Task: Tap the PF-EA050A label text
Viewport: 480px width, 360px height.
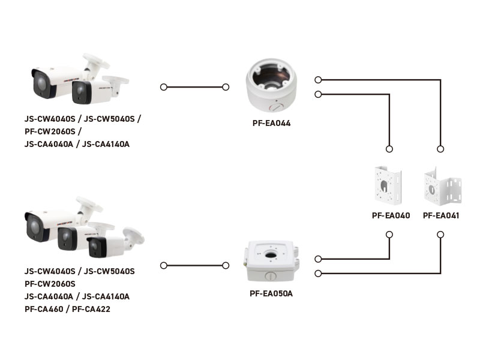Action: click(271, 293)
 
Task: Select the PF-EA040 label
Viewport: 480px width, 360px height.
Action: click(391, 215)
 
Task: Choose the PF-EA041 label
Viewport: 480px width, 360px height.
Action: click(441, 215)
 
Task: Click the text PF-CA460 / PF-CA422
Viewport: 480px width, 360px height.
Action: click(67, 309)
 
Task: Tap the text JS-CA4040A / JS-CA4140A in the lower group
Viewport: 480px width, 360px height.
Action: click(77, 296)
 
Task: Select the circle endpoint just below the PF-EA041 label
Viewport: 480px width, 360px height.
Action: click(441, 235)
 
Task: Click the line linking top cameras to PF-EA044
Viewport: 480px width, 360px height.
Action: click(194, 87)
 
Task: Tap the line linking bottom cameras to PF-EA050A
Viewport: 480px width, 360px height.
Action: click(194, 265)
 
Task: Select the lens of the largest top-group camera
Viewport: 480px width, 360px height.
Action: click(39, 81)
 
